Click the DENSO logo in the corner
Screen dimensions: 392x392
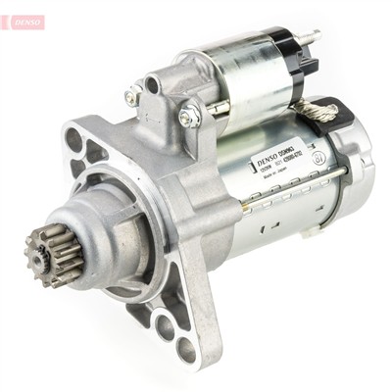point(22,21)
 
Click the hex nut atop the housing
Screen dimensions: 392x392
point(189,115)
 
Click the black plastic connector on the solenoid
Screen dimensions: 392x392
point(310,65)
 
